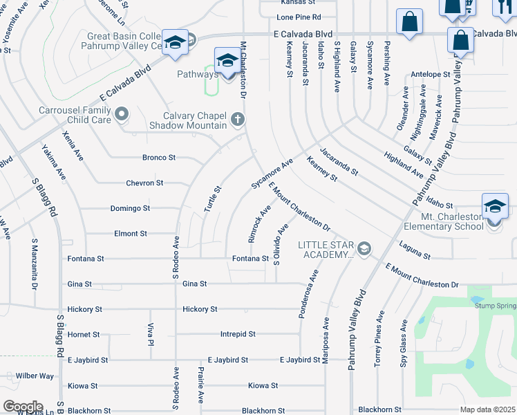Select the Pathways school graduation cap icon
pyautogui.click(x=227, y=60)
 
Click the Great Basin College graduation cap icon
pyautogui.click(x=175, y=42)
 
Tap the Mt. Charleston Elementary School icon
pyautogui.click(x=495, y=205)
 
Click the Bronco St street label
pyautogui.click(x=158, y=158)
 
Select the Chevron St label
pyautogui.click(x=144, y=183)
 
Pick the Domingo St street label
pyautogui.click(x=130, y=208)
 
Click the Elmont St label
pyautogui.click(x=130, y=234)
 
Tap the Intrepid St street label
pyautogui.click(x=237, y=334)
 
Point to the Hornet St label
pyautogui.click(x=84, y=334)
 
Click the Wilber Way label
pyautogui.click(x=35, y=376)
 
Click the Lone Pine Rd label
pyautogui.click(x=299, y=17)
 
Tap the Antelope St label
pyautogui.click(x=430, y=74)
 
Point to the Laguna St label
pyautogui.click(x=415, y=250)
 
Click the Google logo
pyautogui.click(x=22, y=407)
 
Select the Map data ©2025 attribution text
pyautogui.click(x=488, y=409)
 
